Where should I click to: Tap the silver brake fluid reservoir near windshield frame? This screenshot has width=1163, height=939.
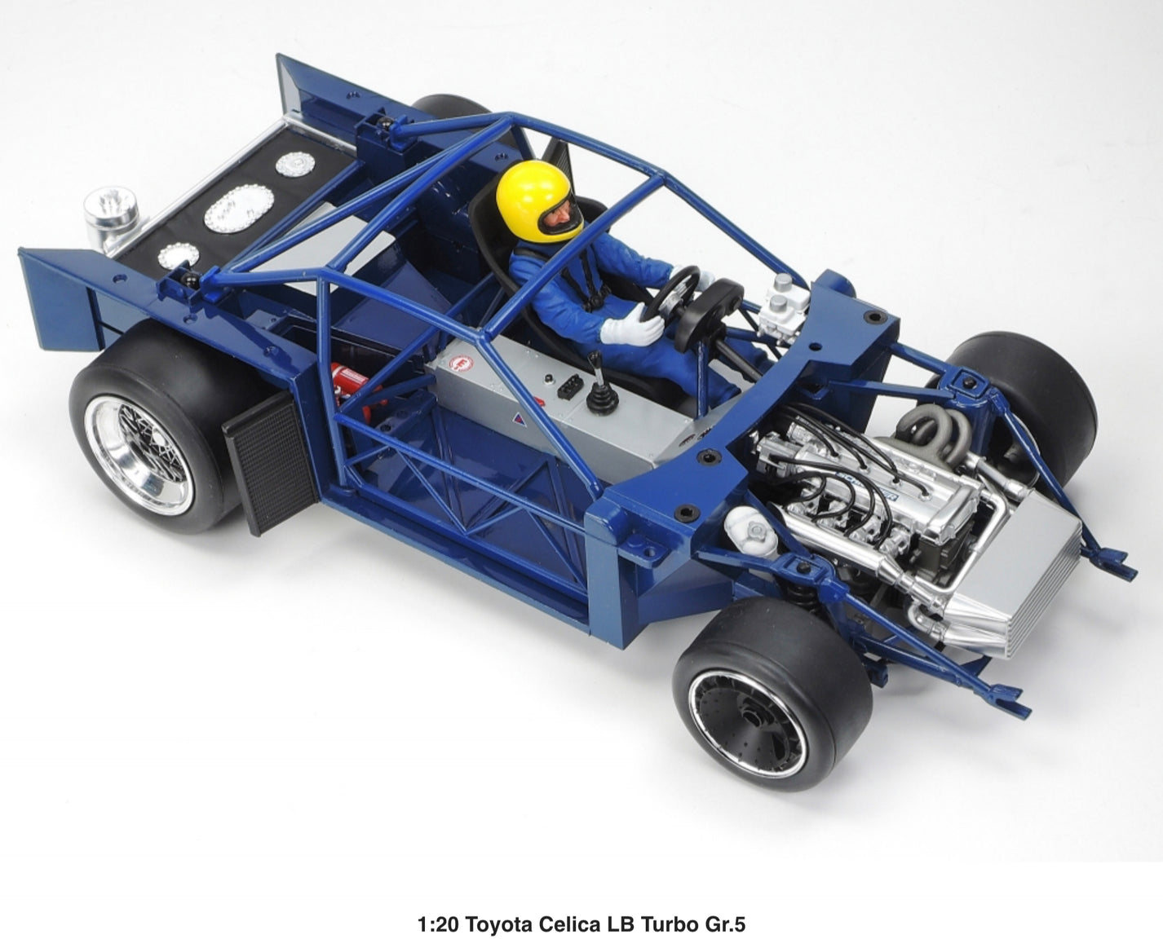[x=784, y=301]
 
